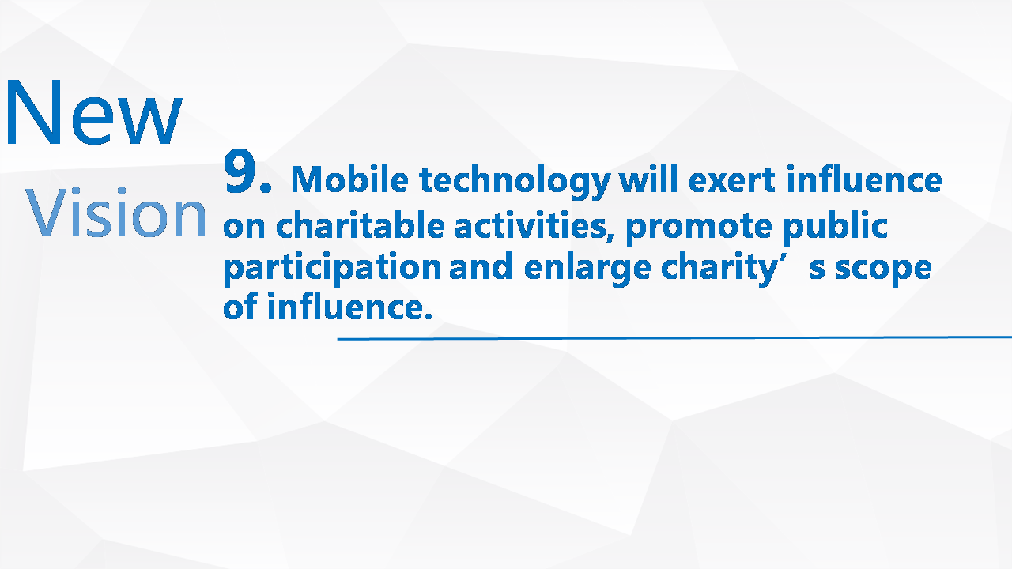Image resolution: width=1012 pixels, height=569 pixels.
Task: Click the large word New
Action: [x=94, y=112]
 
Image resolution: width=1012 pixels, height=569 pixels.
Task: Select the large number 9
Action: [x=247, y=171]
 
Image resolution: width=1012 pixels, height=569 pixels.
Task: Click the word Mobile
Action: [x=350, y=179]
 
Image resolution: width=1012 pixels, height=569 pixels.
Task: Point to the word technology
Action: [x=515, y=182]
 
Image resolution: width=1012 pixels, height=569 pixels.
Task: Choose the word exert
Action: [x=732, y=181]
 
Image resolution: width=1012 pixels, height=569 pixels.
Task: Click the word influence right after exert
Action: [x=864, y=179]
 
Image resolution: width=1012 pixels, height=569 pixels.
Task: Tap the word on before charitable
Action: [x=244, y=228]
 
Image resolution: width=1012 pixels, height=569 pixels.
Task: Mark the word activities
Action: [x=533, y=225]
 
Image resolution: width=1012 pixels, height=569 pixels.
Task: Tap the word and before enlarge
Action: [x=481, y=266]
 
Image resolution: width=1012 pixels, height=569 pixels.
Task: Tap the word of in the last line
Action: [x=240, y=306]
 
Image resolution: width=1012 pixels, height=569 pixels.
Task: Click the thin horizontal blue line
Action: [x=674, y=337]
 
